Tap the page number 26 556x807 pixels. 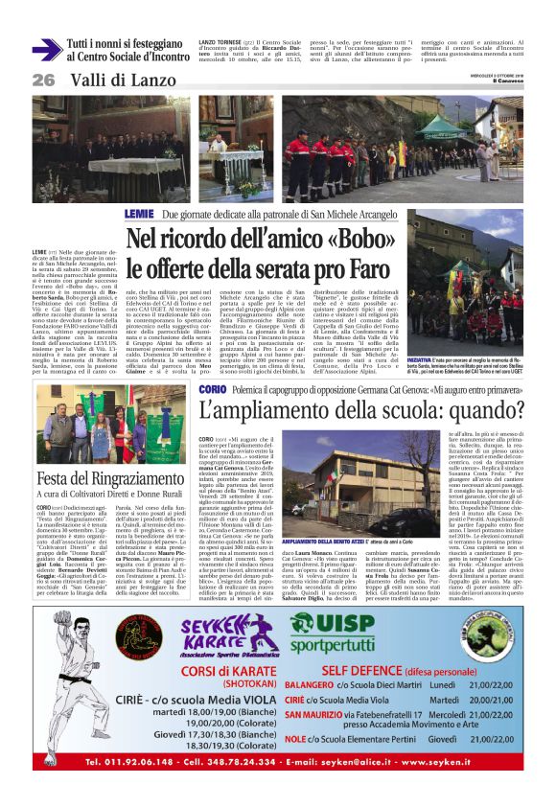pyautogui.click(x=44, y=79)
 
